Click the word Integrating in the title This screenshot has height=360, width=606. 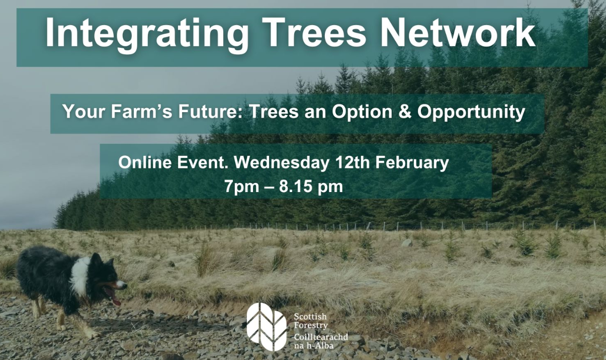(x=145, y=34)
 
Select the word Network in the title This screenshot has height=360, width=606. (x=457, y=34)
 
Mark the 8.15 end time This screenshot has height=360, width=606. (x=297, y=187)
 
